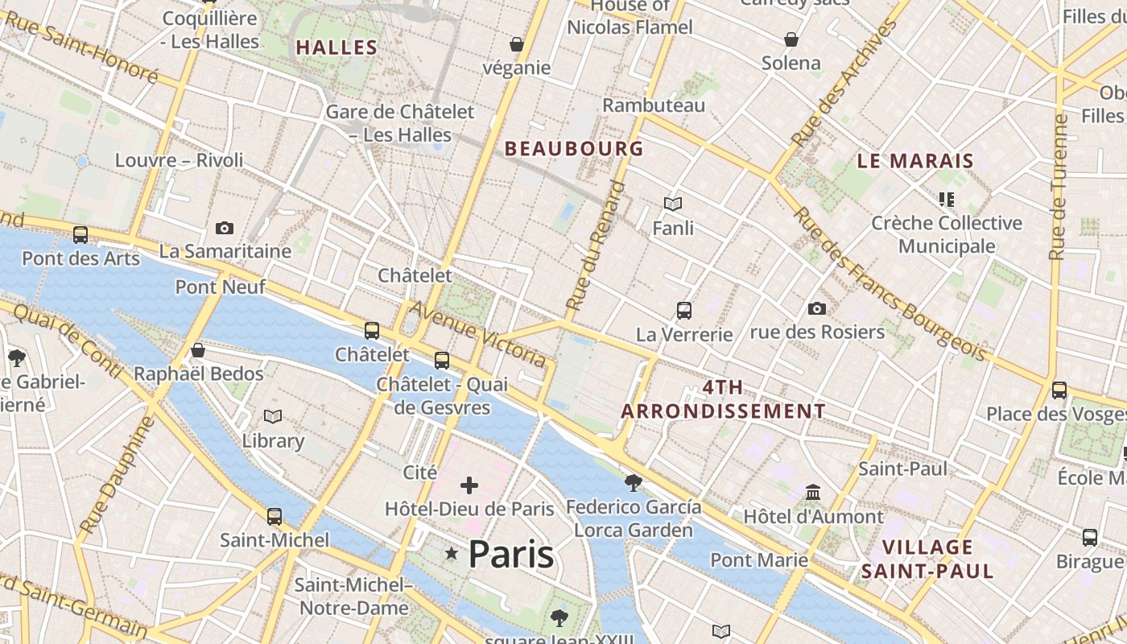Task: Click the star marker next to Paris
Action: (452, 553)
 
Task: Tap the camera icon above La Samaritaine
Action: (225, 229)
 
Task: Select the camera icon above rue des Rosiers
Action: (816, 308)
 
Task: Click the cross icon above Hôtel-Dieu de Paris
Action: (469, 485)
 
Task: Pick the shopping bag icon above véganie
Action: (516, 43)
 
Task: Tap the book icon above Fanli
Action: (673, 204)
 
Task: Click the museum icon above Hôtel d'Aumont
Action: (813, 492)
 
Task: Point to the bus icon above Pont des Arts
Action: (80, 235)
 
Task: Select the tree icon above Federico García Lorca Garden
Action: (633, 482)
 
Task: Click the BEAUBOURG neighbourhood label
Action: (574, 149)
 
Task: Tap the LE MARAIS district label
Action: (915, 161)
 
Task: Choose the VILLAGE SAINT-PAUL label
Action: (927, 559)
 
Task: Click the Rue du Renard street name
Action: (595, 247)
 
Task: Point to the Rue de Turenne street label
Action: (1059, 188)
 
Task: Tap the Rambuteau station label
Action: (654, 105)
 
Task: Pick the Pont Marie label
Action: (759, 559)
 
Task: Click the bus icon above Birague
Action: (1090, 537)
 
